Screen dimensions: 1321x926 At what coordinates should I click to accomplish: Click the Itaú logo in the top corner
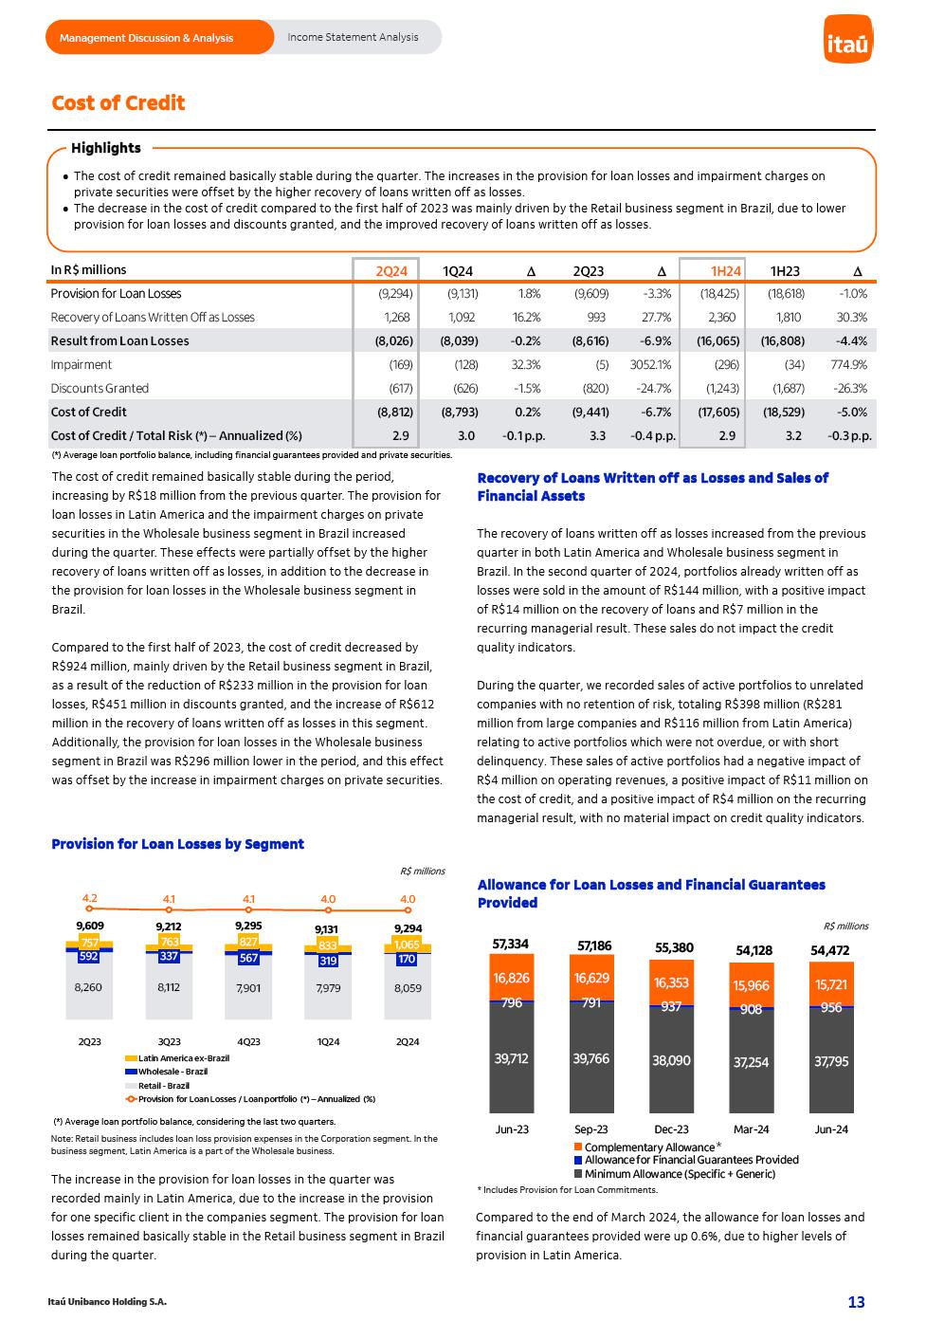848,40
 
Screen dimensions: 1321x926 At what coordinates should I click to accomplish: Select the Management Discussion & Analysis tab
146,38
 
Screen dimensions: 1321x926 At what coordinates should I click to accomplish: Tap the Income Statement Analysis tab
353,38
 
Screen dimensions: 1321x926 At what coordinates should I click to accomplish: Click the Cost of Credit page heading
118,103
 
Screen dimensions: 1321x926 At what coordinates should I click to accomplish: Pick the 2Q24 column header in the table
391,271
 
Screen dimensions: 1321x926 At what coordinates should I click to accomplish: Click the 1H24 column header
726,271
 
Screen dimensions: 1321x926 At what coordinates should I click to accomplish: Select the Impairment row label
82,364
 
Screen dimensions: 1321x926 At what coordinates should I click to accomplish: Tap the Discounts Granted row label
100,388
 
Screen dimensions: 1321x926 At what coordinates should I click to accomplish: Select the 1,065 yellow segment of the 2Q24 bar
408,945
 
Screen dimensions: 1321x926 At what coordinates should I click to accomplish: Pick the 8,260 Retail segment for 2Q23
89,988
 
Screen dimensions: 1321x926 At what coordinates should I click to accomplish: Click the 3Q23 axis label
169,1041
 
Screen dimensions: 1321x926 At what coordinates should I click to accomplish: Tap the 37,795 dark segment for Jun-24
831,1062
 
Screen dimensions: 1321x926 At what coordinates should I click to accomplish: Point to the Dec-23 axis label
671,1129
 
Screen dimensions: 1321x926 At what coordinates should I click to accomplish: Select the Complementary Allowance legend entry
648,1147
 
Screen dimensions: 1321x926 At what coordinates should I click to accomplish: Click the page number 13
856,1302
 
